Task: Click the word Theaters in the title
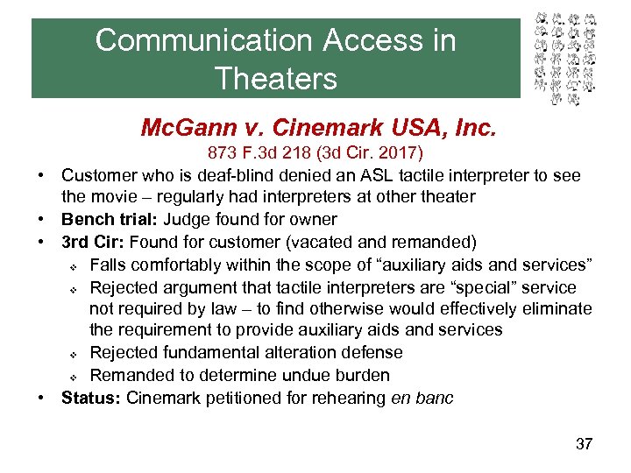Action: click(275, 79)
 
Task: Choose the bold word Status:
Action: click(91, 398)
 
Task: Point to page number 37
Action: click(584, 443)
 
